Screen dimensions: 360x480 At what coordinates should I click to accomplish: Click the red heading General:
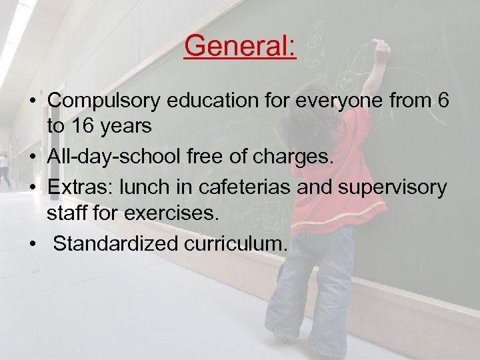click(240, 47)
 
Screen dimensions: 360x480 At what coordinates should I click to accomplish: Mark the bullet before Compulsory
click(33, 102)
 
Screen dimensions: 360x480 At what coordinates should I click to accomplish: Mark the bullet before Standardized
click(33, 243)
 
